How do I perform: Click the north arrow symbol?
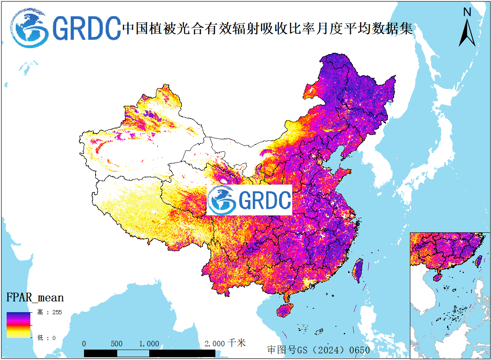click(467, 32)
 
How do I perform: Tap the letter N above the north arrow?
click(467, 12)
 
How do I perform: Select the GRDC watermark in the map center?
click(249, 200)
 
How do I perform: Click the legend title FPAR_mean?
click(35, 298)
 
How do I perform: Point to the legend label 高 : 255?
click(49, 313)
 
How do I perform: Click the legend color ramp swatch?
click(18, 325)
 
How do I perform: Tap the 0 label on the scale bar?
click(84, 344)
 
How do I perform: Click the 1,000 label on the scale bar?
click(149, 344)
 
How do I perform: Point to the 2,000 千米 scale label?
click(225, 343)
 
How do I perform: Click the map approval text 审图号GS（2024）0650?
click(318, 350)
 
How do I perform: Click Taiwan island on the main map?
click(357, 270)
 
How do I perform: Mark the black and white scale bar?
click(149, 353)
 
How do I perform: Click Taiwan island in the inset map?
click(479, 261)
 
